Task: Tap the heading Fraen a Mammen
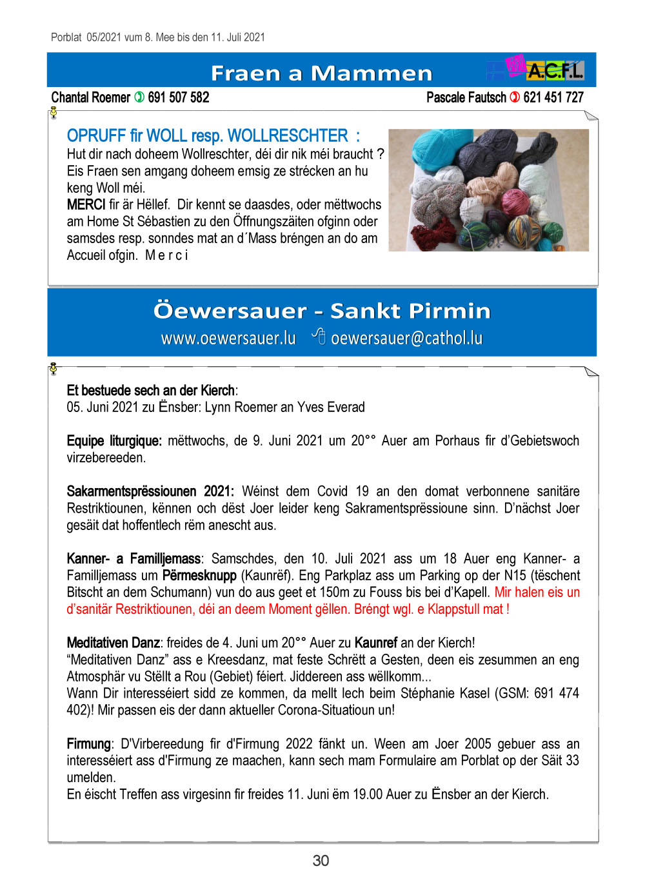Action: click(321, 74)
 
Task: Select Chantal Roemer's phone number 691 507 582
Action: click(179, 97)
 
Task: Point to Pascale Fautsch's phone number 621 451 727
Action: click(553, 97)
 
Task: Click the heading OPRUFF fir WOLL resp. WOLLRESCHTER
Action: click(213, 136)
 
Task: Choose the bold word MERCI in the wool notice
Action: click(86, 205)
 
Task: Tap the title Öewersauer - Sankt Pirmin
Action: click(321, 311)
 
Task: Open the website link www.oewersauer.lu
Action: click(228, 338)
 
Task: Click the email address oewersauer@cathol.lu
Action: click(406, 338)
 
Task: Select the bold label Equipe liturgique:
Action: click(114, 441)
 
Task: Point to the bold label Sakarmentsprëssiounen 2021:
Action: click(150, 491)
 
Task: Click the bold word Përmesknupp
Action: click(199, 575)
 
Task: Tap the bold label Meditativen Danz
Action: click(114, 643)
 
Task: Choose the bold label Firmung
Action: click(88, 744)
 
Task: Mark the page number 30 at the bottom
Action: click(321, 861)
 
